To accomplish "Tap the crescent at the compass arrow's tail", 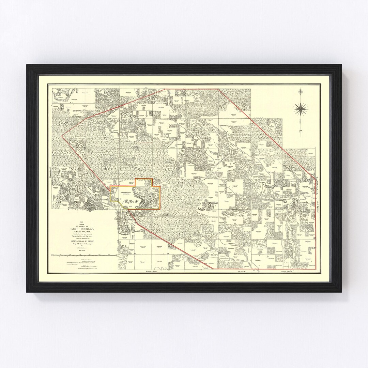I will (301, 132).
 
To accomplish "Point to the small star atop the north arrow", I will (301, 91).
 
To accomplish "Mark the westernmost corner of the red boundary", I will (62, 136).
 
